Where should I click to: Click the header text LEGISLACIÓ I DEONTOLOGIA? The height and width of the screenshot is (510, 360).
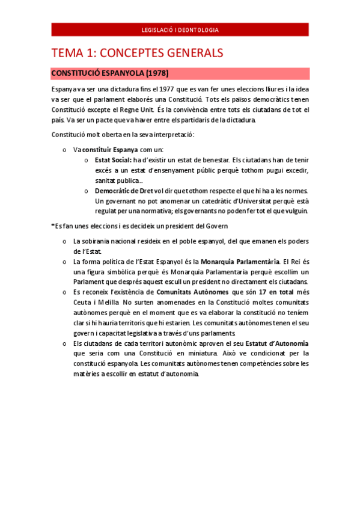point(180,29)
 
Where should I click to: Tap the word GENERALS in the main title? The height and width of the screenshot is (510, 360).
point(186,53)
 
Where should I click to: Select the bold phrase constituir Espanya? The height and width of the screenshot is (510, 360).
point(110,149)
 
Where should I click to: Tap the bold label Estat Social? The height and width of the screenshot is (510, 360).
point(113,160)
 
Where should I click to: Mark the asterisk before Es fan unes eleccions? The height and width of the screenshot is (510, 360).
point(53,226)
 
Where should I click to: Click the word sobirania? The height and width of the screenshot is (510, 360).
point(99,241)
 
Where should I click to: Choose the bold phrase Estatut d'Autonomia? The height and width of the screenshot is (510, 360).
point(277,343)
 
